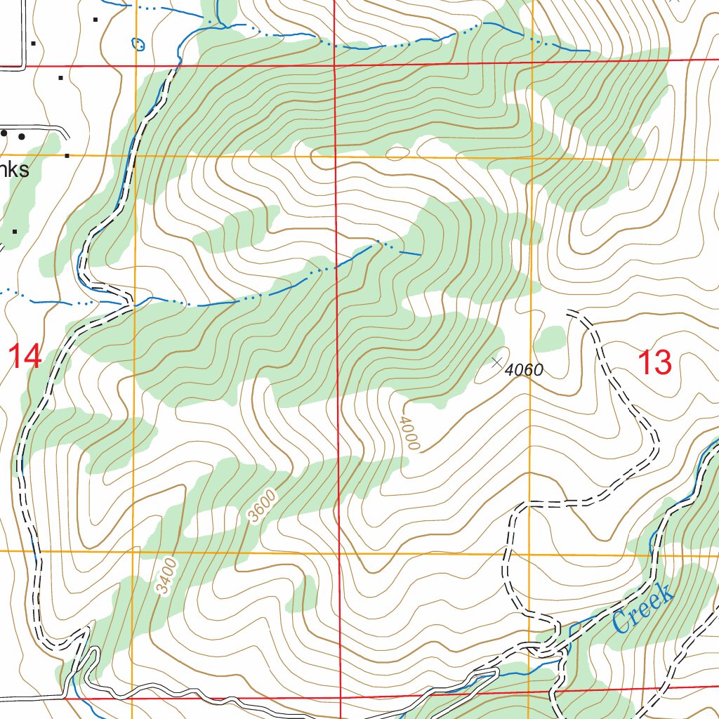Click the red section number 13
(x=654, y=363)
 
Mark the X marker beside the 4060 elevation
(x=497, y=362)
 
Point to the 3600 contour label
(x=263, y=507)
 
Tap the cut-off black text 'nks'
(x=15, y=170)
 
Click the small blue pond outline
(x=138, y=44)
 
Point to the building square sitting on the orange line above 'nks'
(x=67, y=155)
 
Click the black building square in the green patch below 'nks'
(x=15, y=230)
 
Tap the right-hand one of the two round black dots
(x=22, y=136)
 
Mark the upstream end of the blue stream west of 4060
(x=421, y=253)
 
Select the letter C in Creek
(x=621, y=621)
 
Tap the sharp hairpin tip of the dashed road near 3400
(x=87, y=630)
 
